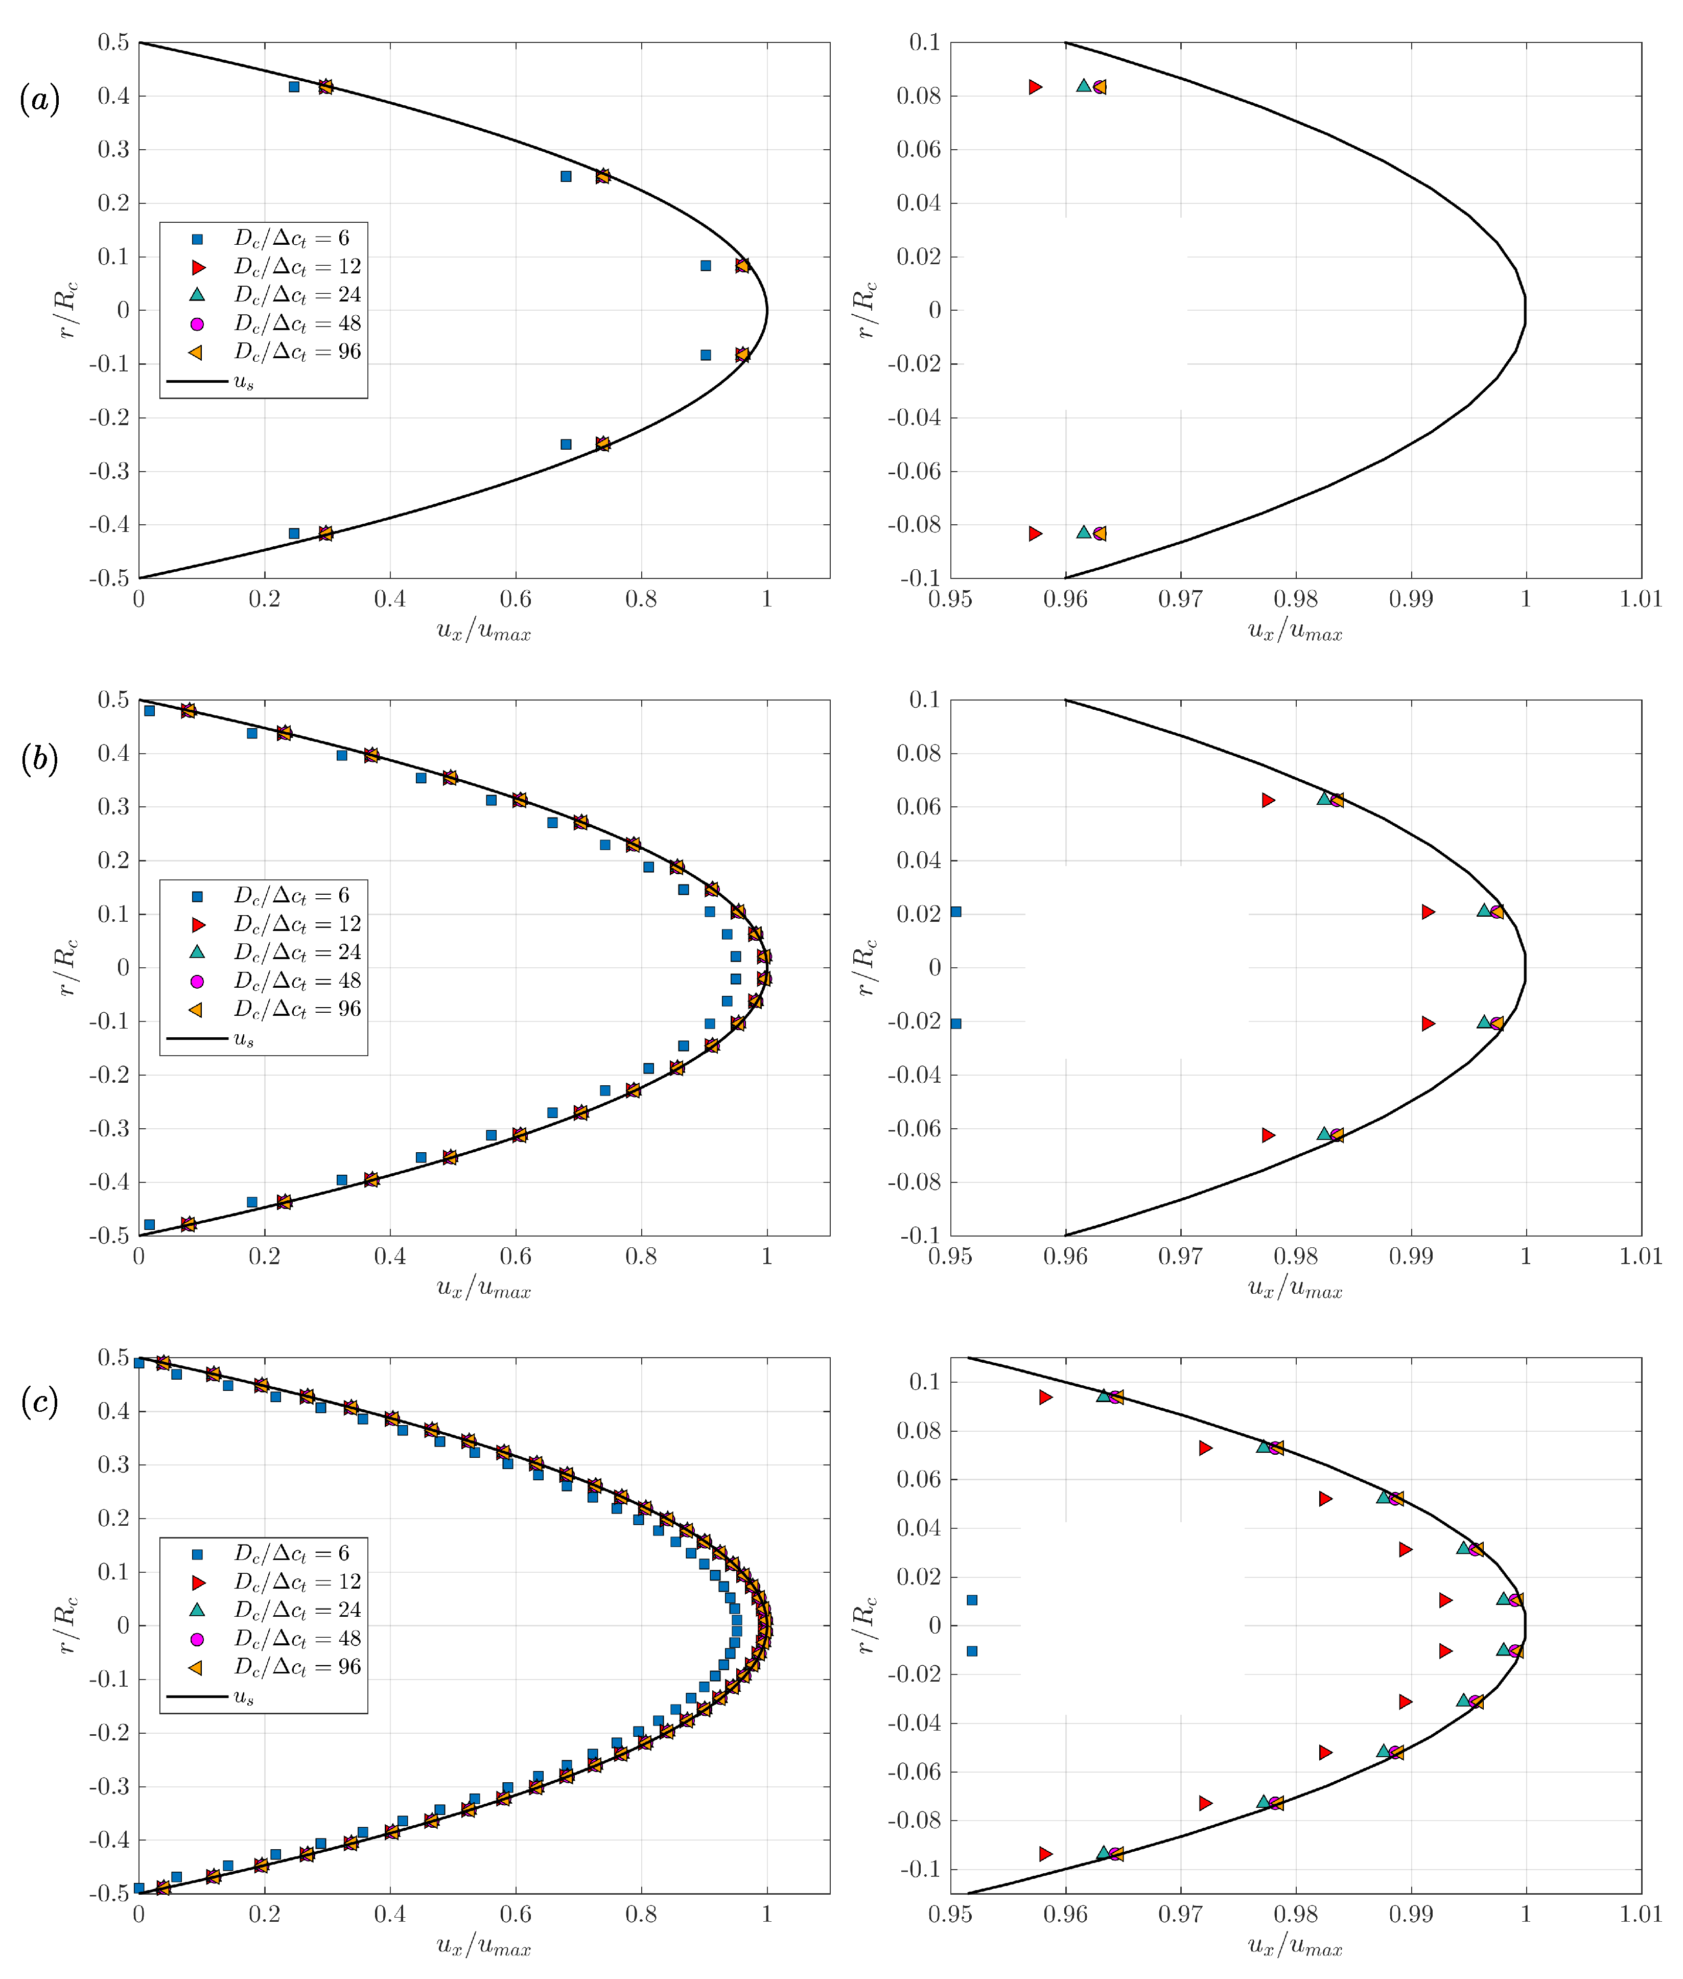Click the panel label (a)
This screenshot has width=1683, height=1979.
tap(40, 99)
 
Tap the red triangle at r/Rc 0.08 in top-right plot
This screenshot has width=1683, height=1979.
tap(1035, 87)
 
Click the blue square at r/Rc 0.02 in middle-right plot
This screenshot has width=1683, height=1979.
tap(956, 912)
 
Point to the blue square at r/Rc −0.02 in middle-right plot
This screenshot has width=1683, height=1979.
tap(956, 1024)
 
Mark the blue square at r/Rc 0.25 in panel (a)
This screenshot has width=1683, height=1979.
tap(566, 176)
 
